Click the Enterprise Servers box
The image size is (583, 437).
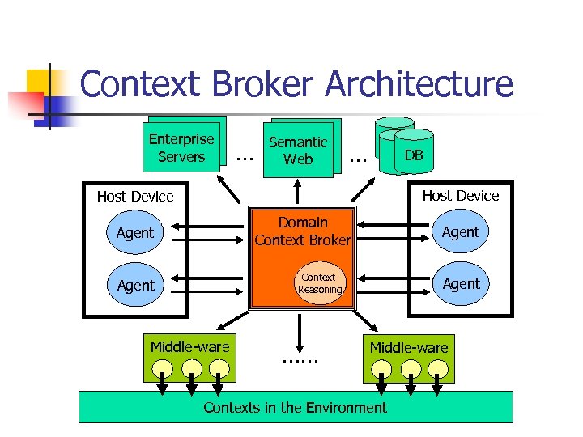pos(181,148)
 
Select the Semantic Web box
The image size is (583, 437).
pos(298,151)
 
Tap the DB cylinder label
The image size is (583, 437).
pos(414,155)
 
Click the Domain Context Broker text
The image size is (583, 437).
pos(302,231)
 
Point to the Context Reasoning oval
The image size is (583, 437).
pos(320,283)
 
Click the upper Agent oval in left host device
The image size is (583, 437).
pos(134,233)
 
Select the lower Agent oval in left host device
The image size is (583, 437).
pos(135,286)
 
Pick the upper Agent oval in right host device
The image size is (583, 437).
pos(461,232)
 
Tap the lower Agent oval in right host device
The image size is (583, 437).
pos(461,284)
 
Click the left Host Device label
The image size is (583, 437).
pos(135,197)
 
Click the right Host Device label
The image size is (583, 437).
pos(460,196)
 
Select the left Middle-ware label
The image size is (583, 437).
pos(189,347)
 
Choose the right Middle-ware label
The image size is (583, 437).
pos(409,348)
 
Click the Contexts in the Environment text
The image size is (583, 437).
pos(295,407)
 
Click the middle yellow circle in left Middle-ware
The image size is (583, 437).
pos(191,368)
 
